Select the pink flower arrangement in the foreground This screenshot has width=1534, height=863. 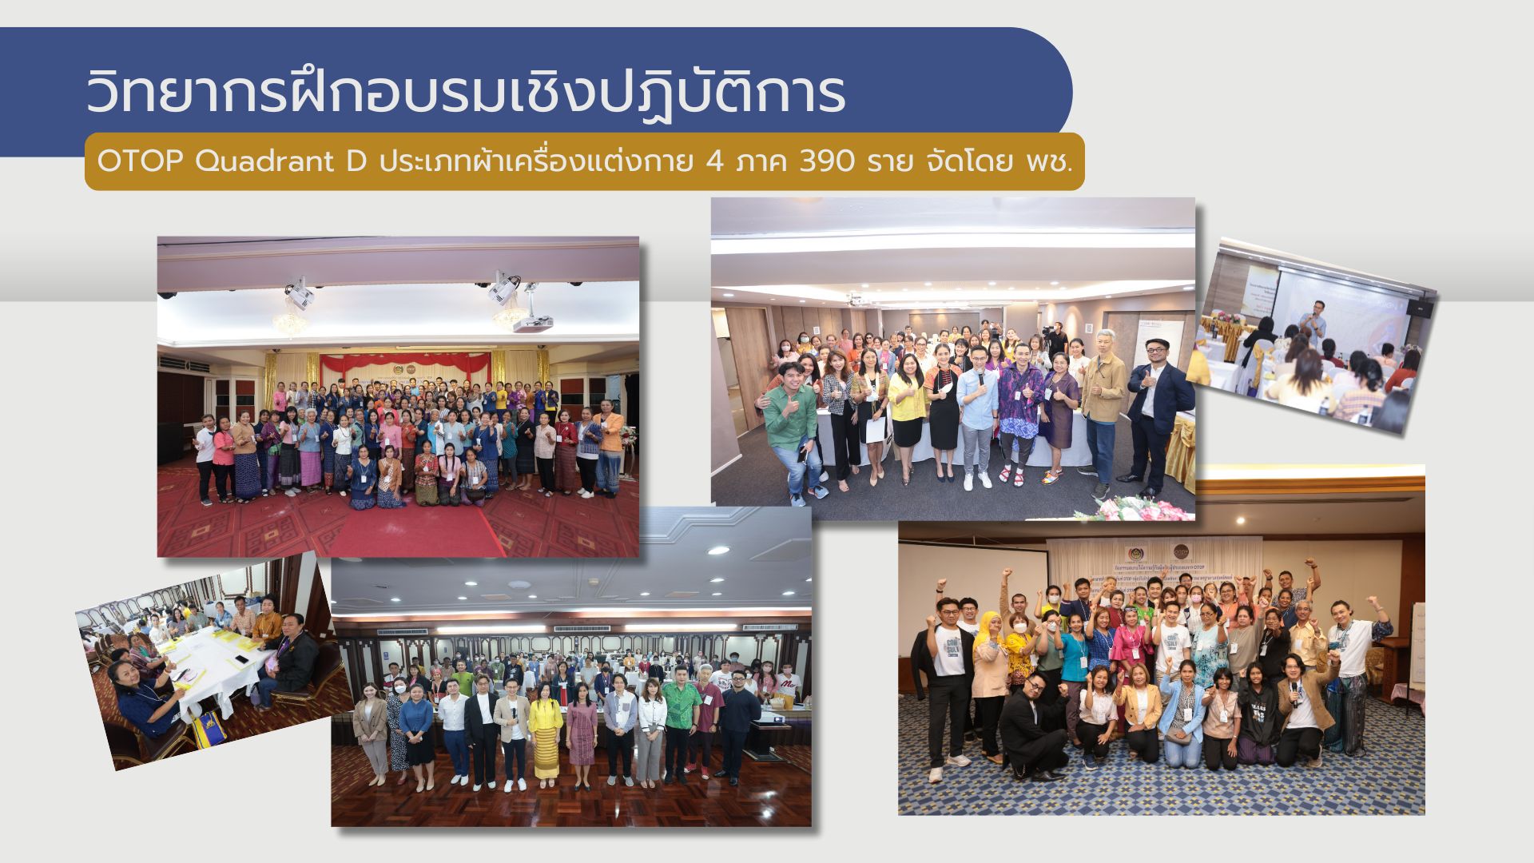(1139, 508)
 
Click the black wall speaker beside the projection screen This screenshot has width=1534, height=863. (1417, 308)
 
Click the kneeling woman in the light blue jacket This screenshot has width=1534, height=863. (1181, 715)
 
